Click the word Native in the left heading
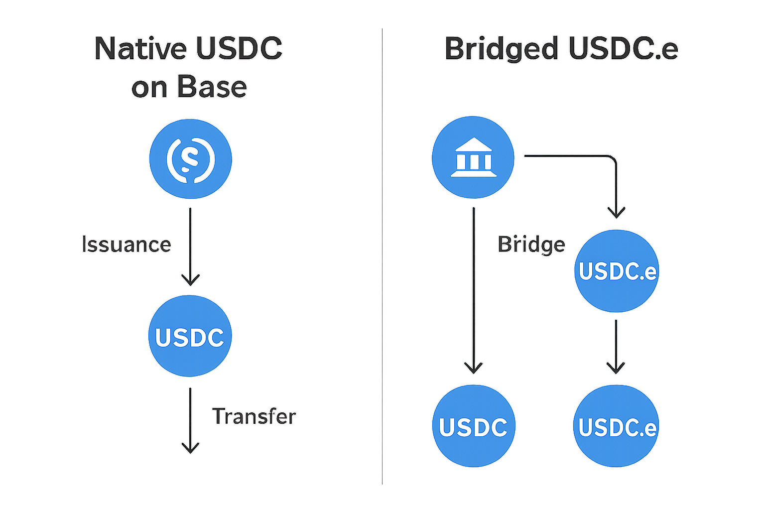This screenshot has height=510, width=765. [140, 49]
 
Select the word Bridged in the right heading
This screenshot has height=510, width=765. [502, 49]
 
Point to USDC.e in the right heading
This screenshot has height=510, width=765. [623, 49]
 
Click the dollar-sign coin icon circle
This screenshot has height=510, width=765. [190, 159]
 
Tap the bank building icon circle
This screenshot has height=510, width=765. [473, 157]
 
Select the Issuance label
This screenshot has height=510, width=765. [127, 245]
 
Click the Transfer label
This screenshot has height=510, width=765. [254, 416]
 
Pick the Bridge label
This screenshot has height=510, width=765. [531, 245]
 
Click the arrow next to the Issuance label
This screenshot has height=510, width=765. [190, 246]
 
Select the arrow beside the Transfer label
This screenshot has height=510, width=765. [190, 420]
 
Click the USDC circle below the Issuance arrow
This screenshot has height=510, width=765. [190, 336]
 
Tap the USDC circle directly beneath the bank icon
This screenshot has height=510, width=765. [473, 426]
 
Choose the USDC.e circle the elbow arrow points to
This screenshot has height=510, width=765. [617, 271]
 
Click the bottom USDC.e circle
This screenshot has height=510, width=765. [617, 426]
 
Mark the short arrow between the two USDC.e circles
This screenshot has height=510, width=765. [616, 346]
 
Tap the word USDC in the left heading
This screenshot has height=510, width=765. [239, 49]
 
